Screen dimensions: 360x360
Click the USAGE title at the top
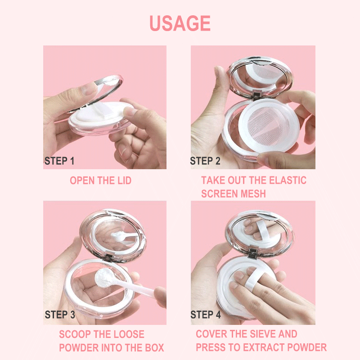(180, 23)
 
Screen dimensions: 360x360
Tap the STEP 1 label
(59, 161)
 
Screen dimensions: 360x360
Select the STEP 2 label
(205, 161)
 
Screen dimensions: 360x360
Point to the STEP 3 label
(60, 315)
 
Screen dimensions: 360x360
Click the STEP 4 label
(206, 315)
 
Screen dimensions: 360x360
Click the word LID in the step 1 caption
(125, 180)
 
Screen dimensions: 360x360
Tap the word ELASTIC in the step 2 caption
(288, 180)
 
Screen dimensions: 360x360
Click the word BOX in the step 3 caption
(154, 348)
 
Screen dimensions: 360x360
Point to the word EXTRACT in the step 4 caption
(264, 347)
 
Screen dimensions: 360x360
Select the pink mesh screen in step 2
(268, 125)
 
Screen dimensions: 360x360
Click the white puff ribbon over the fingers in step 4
(252, 279)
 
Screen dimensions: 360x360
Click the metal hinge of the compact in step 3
(108, 257)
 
